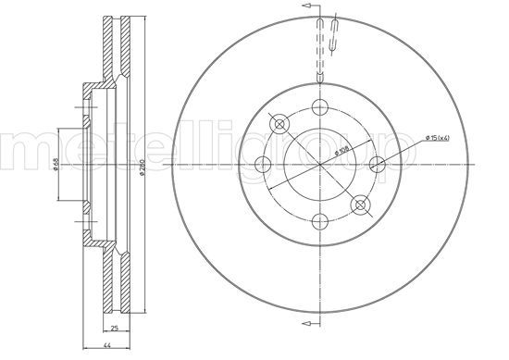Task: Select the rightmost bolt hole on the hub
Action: click(x=377, y=164)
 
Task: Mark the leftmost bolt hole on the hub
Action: click(x=262, y=164)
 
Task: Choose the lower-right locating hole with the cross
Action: click(x=360, y=205)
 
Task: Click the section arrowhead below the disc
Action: click(x=303, y=324)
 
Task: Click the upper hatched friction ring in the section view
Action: click(x=116, y=51)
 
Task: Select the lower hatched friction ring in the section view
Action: click(x=116, y=278)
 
